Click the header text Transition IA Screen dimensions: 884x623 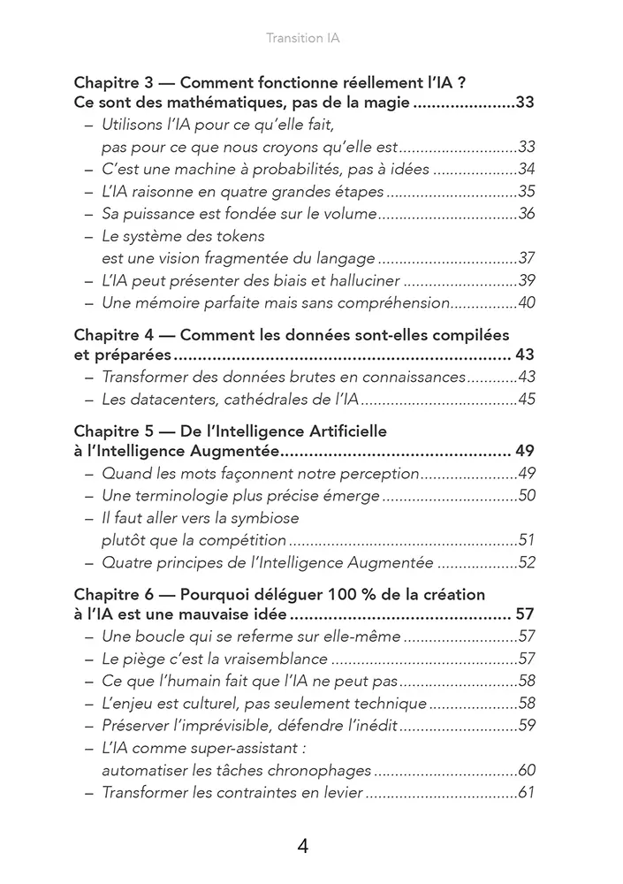coord(303,39)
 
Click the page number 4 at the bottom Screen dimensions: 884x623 coord(303,846)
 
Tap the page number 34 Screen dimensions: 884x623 coord(527,169)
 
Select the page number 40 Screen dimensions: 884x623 coord(527,303)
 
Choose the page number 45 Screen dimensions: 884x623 coord(527,400)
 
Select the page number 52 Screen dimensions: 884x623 coord(527,562)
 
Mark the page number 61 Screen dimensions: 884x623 coord(527,792)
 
